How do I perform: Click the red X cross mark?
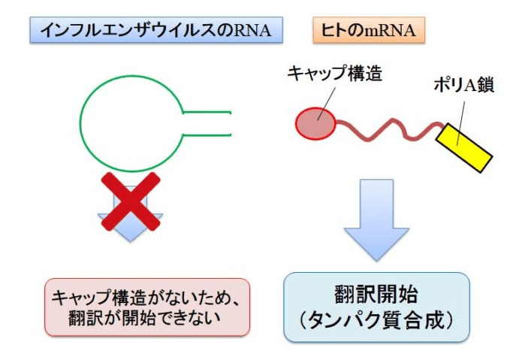pyautogui.click(x=128, y=201)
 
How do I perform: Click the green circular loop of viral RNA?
pyautogui.click(x=132, y=124)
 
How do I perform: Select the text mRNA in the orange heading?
pyautogui.click(x=391, y=31)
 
